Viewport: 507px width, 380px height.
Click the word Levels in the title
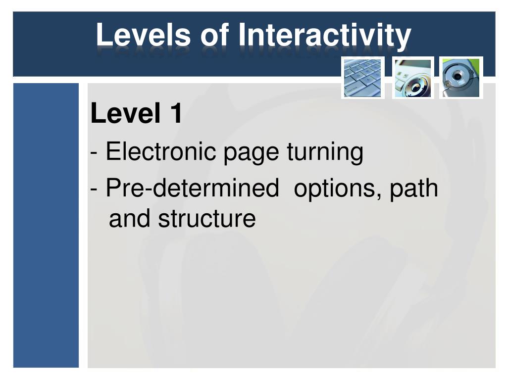pos(143,34)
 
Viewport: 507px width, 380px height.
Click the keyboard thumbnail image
pos(363,78)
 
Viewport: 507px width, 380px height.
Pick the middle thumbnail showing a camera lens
pos(413,78)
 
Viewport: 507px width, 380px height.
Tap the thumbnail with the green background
pos(461,78)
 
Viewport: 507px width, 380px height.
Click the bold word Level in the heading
pos(125,113)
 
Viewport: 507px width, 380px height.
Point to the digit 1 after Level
pos(177,113)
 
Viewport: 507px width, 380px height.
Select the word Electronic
pos(161,151)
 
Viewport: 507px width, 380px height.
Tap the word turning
pos(325,153)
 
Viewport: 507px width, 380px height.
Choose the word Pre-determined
pos(193,188)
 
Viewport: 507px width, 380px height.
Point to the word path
pos(414,189)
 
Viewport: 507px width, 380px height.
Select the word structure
pos(207,218)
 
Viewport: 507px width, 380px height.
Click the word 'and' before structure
pos(129,218)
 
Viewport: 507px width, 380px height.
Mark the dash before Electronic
pos(94,152)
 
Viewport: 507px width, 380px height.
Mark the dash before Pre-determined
pos(94,189)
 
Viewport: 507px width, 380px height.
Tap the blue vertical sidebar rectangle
pos(46,225)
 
